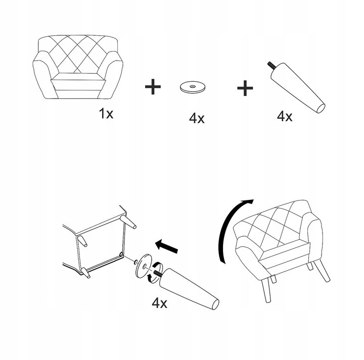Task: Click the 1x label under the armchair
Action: (x=106, y=114)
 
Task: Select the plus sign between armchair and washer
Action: (x=153, y=87)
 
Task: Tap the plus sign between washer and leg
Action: (x=245, y=88)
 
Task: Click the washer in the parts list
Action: (x=193, y=87)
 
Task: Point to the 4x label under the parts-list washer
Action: (x=197, y=118)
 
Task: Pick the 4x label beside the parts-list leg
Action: (x=284, y=116)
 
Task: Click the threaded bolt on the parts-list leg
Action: (x=271, y=65)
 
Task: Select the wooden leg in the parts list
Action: (x=298, y=88)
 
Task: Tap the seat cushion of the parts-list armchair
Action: (x=77, y=77)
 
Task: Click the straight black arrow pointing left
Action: (x=167, y=246)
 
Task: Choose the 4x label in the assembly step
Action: (x=159, y=303)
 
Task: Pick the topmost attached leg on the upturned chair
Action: (x=128, y=222)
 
